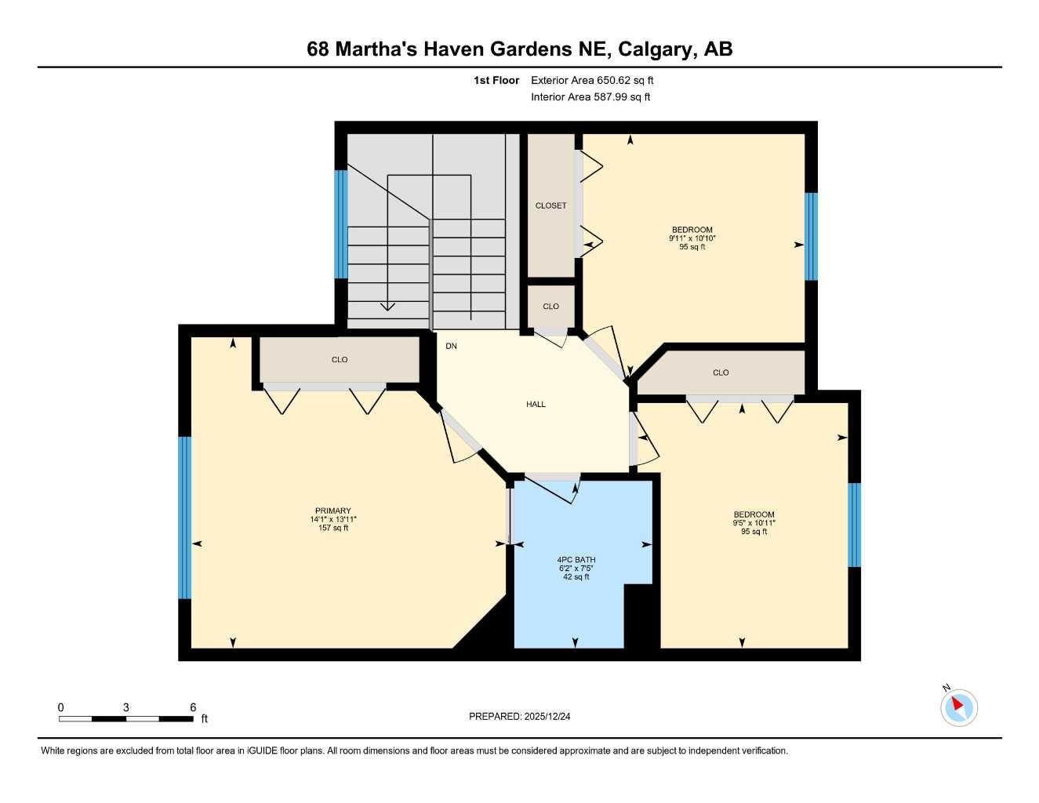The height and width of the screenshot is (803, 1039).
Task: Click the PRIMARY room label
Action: tap(333, 511)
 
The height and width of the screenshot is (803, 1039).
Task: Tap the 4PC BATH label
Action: tap(576, 560)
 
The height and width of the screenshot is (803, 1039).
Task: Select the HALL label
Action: tap(536, 405)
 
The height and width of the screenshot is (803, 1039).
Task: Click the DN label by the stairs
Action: tap(451, 346)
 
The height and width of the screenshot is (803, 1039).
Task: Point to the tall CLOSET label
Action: tap(550, 205)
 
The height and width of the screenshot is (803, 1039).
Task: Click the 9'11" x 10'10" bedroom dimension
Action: tap(692, 238)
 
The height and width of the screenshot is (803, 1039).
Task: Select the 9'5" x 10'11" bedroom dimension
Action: tap(754, 523)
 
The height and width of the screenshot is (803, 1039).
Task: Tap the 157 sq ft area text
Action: tap(333, 528)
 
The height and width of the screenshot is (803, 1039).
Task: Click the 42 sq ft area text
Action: tap(576, 577)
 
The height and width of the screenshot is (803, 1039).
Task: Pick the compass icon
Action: tap(958, 707)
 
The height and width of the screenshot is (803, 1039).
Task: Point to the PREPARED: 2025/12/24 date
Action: tap(519, 716)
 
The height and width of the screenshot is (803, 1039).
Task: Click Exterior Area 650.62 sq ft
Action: tap(592, 80)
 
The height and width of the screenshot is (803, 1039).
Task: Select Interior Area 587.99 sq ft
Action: tap(590, 97)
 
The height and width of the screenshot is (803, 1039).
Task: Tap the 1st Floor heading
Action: tap(496, 80)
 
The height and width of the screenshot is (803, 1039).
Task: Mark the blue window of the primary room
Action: tap(185, 518)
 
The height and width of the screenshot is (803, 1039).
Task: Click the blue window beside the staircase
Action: tap(341, 224)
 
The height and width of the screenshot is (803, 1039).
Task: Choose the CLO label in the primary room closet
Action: tap(340, 360)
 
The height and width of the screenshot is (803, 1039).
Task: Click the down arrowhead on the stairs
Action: tap(387, 306)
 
